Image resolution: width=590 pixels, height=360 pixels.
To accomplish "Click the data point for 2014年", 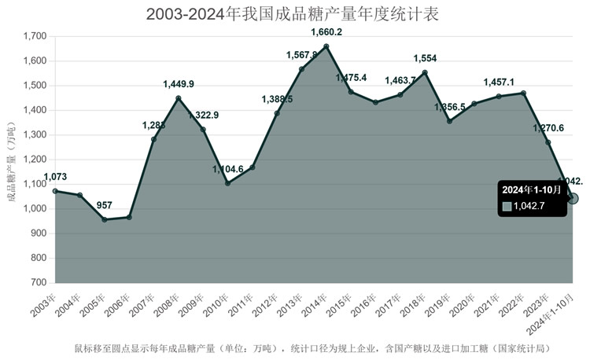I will click(326, 46).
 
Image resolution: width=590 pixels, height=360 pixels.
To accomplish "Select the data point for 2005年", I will click(105, 219).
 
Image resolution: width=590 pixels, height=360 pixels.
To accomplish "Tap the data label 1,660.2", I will click(326, 32).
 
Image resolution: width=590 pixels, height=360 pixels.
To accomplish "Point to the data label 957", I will click(105, 206).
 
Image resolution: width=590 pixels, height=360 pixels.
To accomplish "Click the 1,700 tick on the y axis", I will click(35, 36).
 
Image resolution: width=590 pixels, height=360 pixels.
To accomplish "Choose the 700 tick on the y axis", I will click(38, 282).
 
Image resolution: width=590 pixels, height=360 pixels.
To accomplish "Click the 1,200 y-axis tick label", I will click(35, 160).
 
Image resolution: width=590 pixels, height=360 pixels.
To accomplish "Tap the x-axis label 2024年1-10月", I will click(559, 311).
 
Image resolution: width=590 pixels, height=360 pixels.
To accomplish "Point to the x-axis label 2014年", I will click(319, 303).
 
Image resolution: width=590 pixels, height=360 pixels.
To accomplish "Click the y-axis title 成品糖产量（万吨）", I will click(11, 162).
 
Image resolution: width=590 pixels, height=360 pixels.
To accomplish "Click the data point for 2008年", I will click(179, 98).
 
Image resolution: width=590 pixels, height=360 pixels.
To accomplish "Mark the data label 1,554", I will click(425, 59).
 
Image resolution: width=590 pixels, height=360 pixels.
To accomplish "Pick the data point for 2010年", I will click(228, 183).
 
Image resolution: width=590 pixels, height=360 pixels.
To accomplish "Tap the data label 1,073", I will click(55, 177).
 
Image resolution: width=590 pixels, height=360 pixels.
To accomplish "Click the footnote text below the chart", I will click(312, 347).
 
